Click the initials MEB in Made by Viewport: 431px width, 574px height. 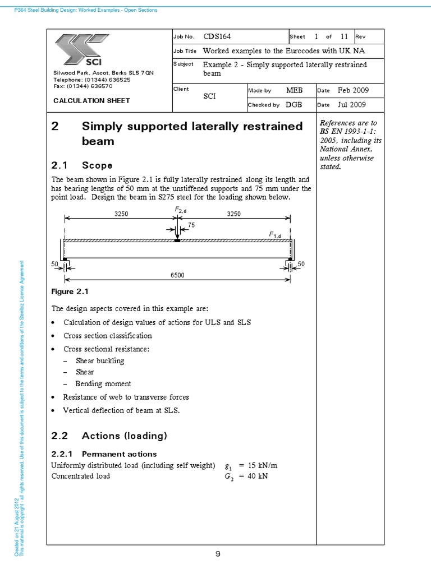(295, 90)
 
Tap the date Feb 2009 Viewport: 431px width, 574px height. (352, 90)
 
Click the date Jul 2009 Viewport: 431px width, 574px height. (351, 105)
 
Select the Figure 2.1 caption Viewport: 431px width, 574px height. (70, 291)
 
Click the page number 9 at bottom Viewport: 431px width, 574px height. (217, 554)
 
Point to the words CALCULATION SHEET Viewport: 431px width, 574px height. (91, 100)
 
